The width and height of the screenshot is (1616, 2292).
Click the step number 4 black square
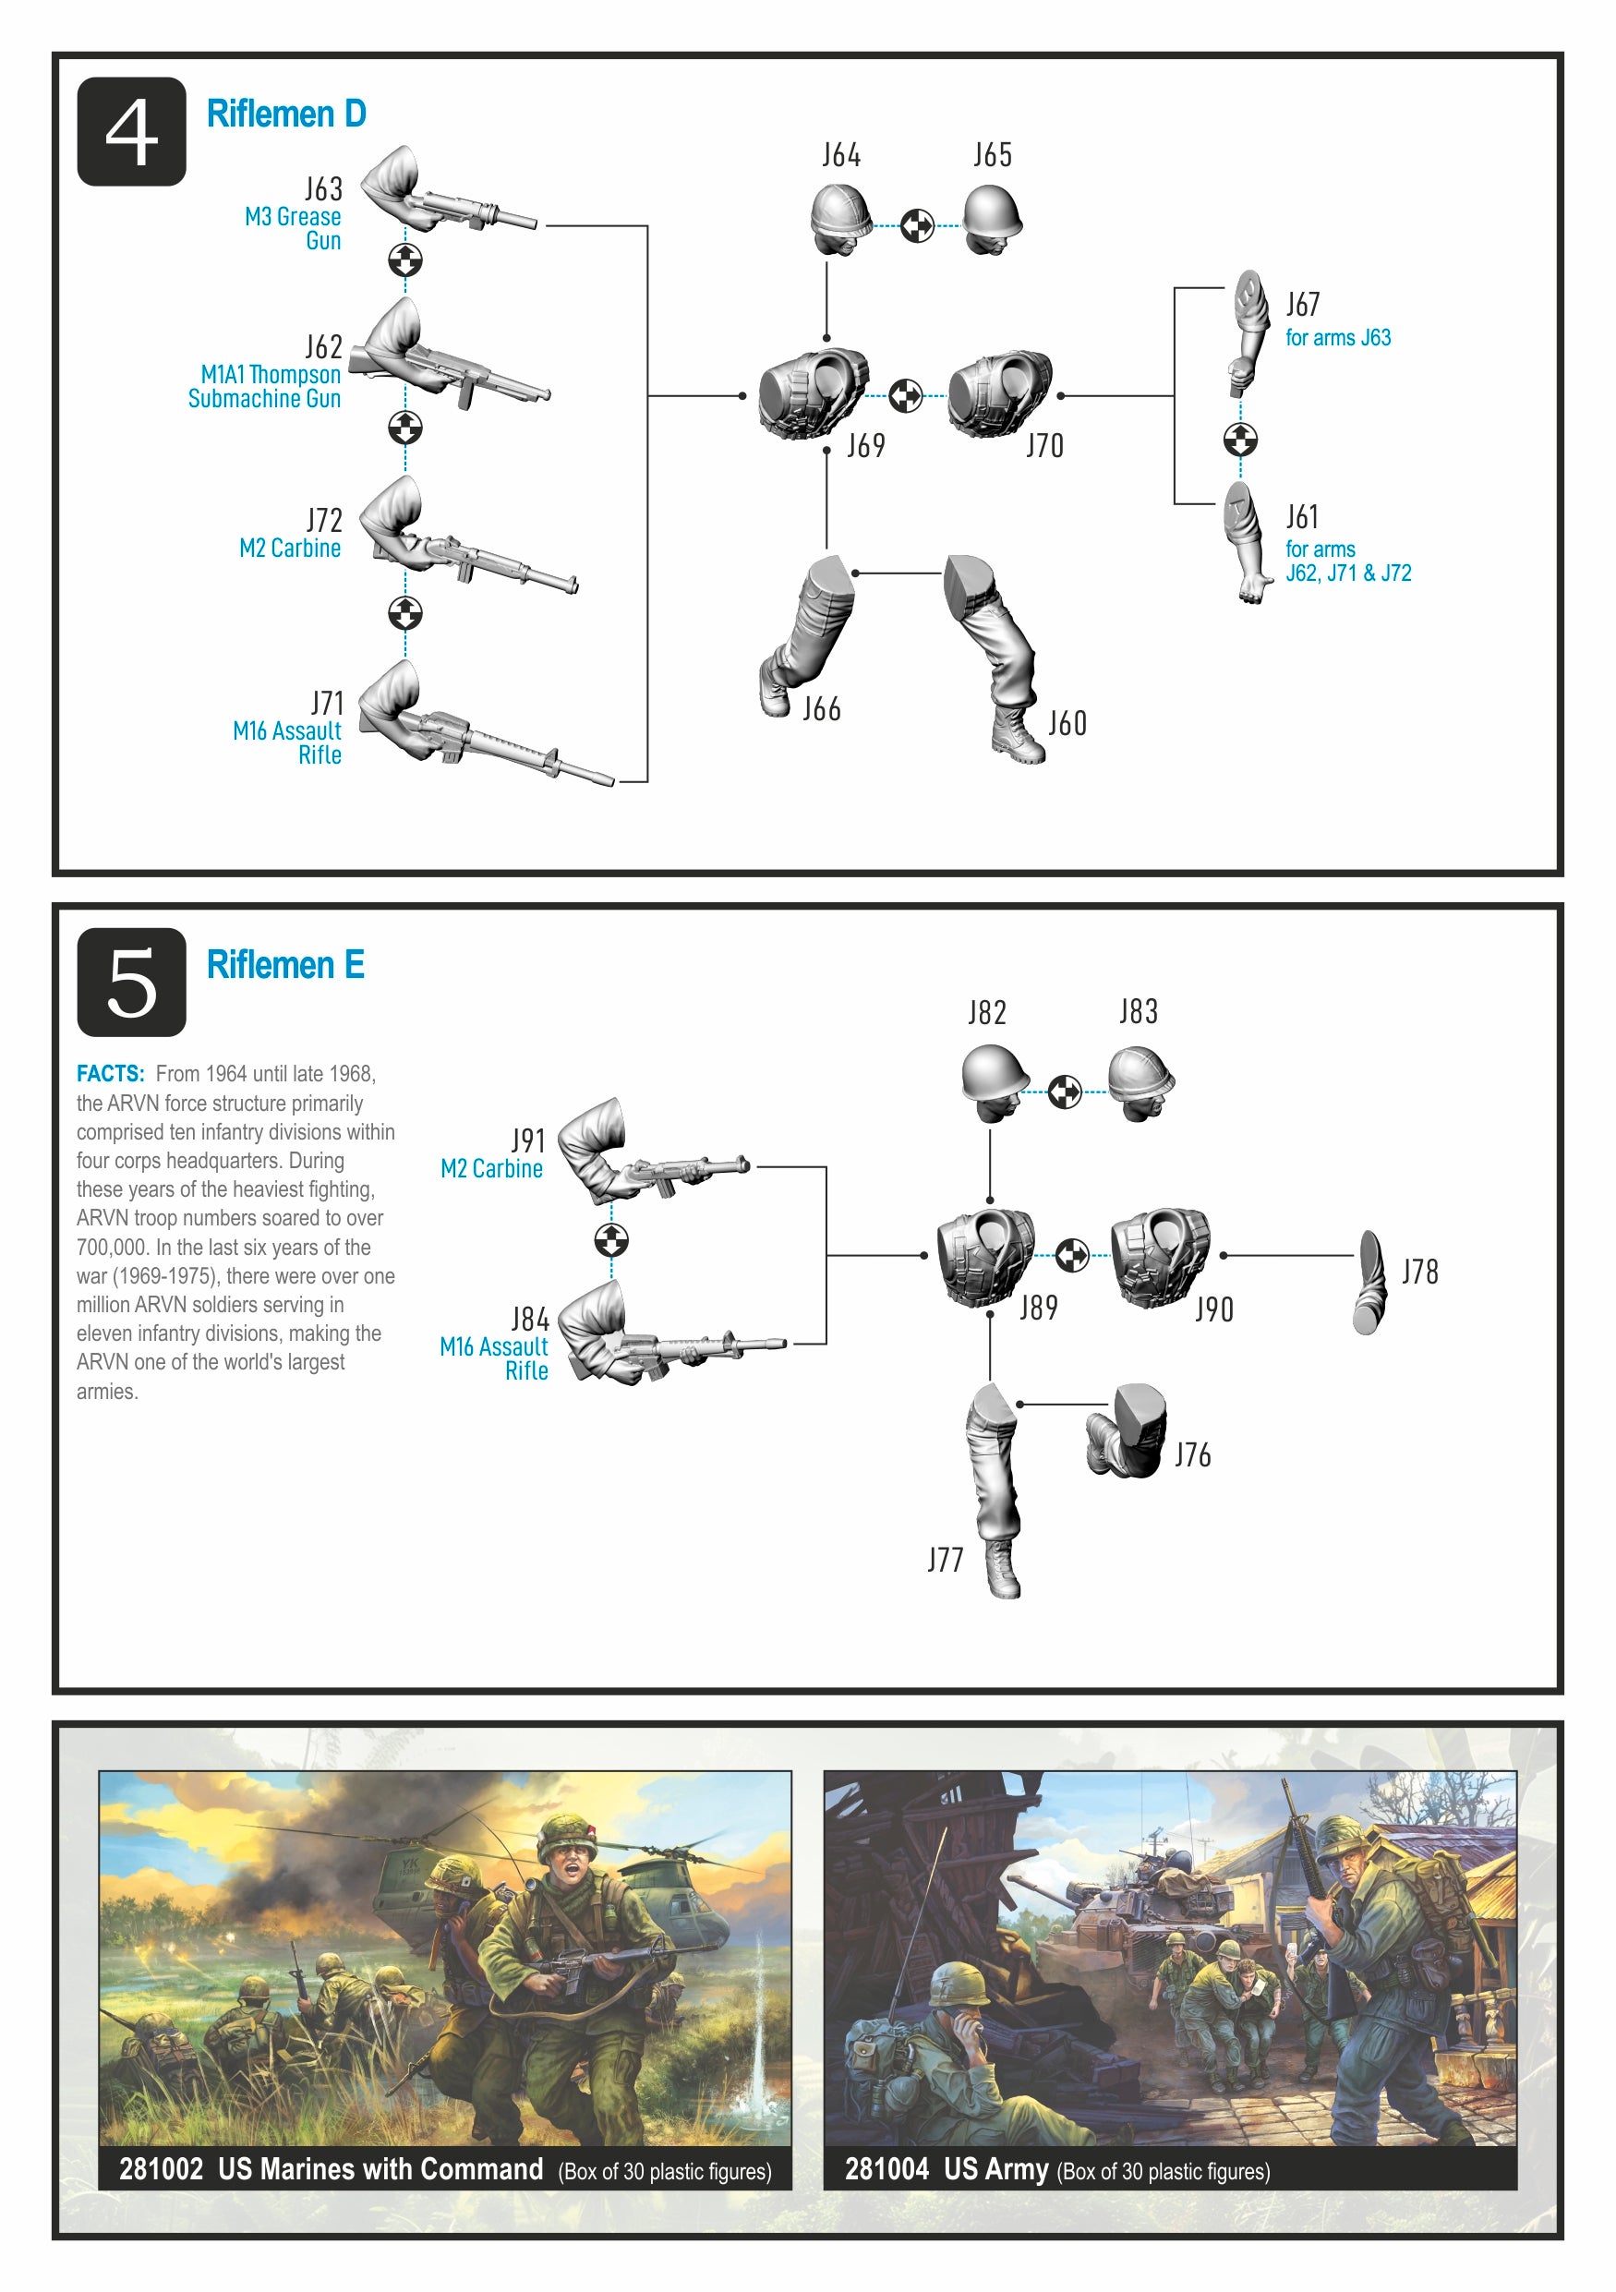click(x=131, y=131)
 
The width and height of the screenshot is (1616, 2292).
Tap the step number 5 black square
click(x=131, y=983)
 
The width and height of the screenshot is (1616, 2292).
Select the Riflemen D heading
click(x=286, y=114)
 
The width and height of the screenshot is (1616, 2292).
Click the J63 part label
click(x=323, y=188)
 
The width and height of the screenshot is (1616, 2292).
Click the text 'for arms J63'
click(x=1337, y=338)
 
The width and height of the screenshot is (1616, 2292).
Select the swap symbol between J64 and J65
click(x=917, y=225)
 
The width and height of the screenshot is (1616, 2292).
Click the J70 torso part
click(x=999, y=393)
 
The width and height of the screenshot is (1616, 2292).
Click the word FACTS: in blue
click(x=110, y=1074)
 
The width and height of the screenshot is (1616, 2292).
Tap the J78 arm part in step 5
click(x=1370, y=1283)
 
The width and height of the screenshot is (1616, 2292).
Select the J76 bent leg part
click(x=1126, y=1430)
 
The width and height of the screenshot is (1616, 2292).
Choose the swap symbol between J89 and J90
click(x=1072, y=1256)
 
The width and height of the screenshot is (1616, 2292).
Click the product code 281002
click(x=161, y=2169)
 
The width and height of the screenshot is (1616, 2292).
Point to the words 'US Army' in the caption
click(x=996, y=2169)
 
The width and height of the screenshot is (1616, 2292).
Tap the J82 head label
click(x=987, y=1012)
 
